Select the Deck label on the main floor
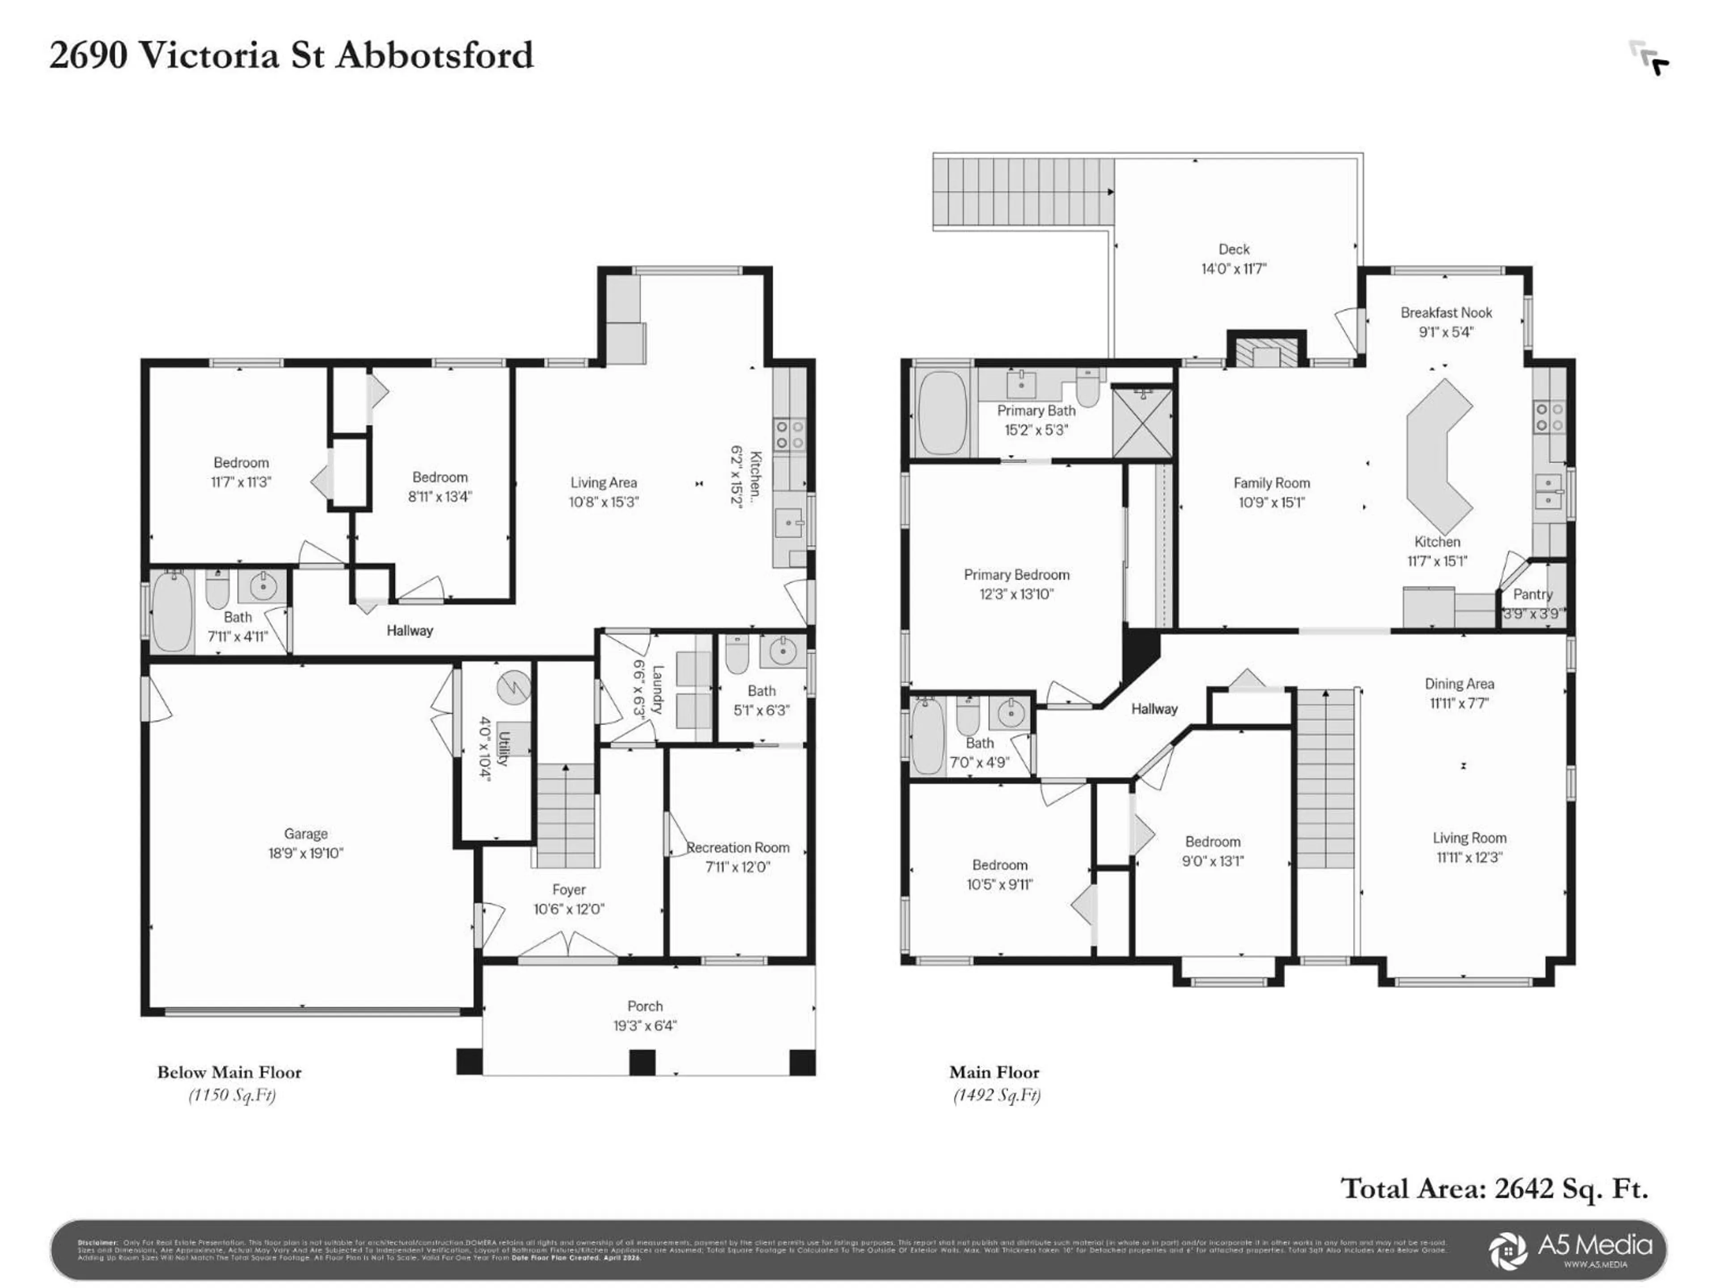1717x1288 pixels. coord(1233,249)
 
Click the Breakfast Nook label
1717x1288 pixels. coord(1445,313)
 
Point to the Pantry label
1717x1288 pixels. coord(1532,594)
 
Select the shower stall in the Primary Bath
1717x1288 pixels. coord(1142,423)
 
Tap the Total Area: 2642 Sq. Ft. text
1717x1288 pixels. coord(1494,1188)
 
